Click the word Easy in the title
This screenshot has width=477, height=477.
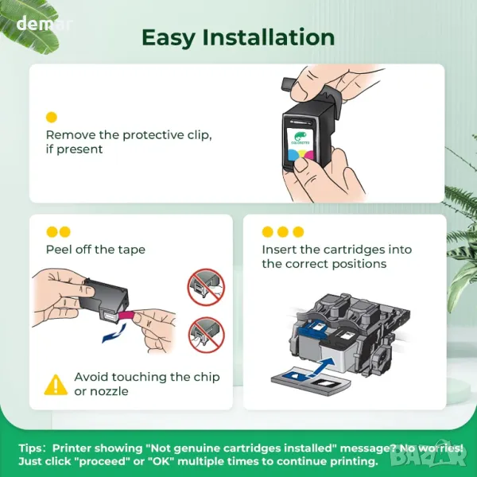click(x=169, y=38)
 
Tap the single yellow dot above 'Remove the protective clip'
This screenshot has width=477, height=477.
click(x=52, y=118)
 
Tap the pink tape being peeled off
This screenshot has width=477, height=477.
click(x=127, y=316)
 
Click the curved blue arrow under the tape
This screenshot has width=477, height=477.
click(x=114, y=333)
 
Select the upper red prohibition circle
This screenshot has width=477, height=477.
click(x=206, y=287)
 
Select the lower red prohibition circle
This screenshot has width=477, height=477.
click(x=206, y=335)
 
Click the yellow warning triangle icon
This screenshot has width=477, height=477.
click(x=56, y=385)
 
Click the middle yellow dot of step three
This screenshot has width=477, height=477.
click(x=283, y=232)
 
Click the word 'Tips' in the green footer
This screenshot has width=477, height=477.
click(x=31, y=448)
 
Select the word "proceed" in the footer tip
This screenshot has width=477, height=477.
click(x=103, y=461)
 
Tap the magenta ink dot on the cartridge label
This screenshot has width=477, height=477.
click(x=308, y=155)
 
